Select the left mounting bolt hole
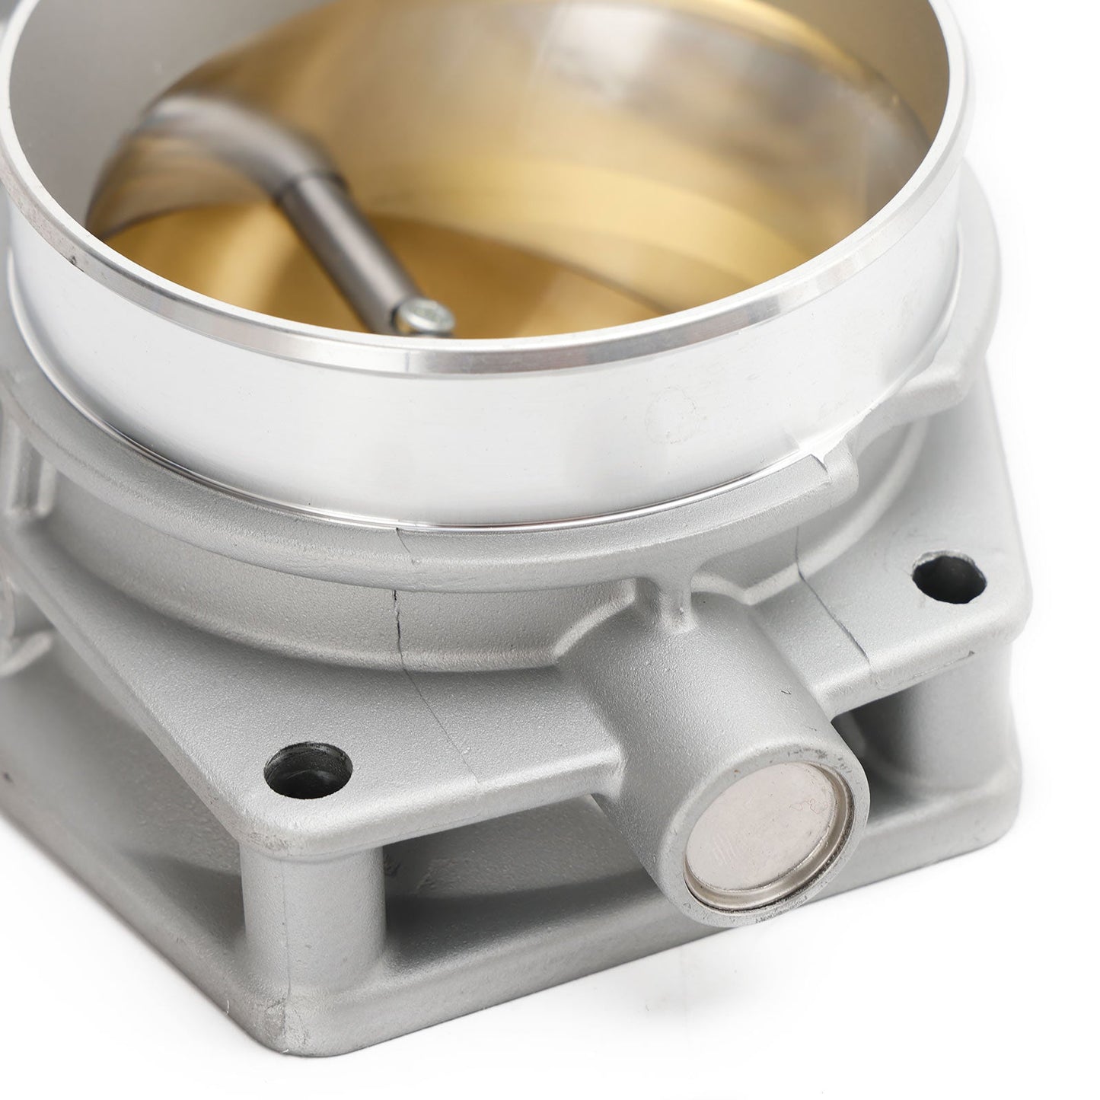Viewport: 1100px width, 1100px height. [x=308, y=770]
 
